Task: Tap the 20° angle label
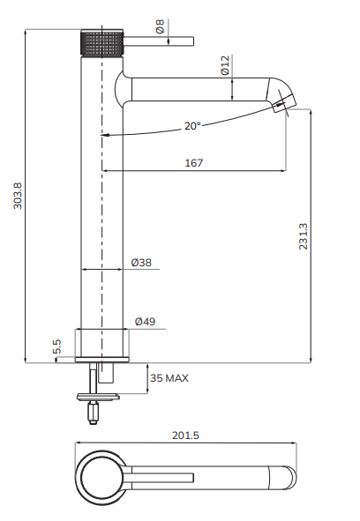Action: pyautogui.click(x=192, y=126)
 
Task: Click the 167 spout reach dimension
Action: pyautogui.click(x=194, y=162)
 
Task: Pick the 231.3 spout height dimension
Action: pyautogui.click(x=304, y=235)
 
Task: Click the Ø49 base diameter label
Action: pyautogui.click(x=145, y=322)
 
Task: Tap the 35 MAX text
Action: pyautogui.click(x=169, y=377)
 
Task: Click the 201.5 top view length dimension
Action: pyautogui.click(x=186, y=435)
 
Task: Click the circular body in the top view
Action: pyautogui.click(x=102, y=480)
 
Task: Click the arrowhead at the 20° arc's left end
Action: pyautogui.click(x=105, y=136)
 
